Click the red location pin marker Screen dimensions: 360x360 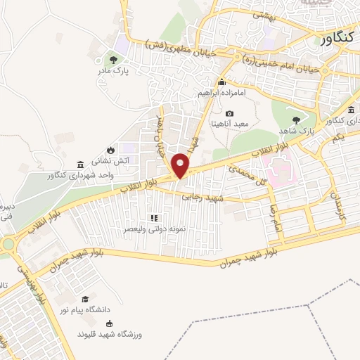[181, 165]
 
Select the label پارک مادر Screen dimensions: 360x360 [114, 70]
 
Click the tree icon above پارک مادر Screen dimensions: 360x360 [114, 59]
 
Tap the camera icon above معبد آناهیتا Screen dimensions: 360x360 [230, 113]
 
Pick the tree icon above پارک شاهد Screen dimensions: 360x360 [305, 120]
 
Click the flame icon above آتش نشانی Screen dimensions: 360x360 [111, 150]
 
